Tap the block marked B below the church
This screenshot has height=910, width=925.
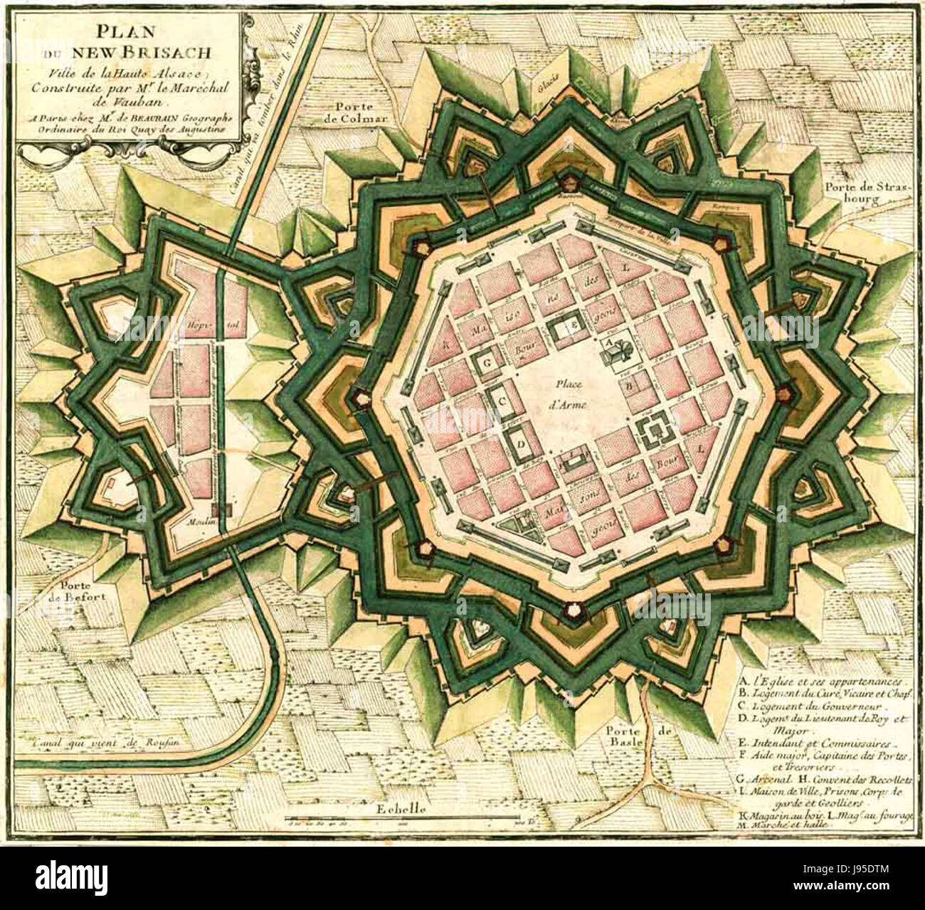coord(629,387)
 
